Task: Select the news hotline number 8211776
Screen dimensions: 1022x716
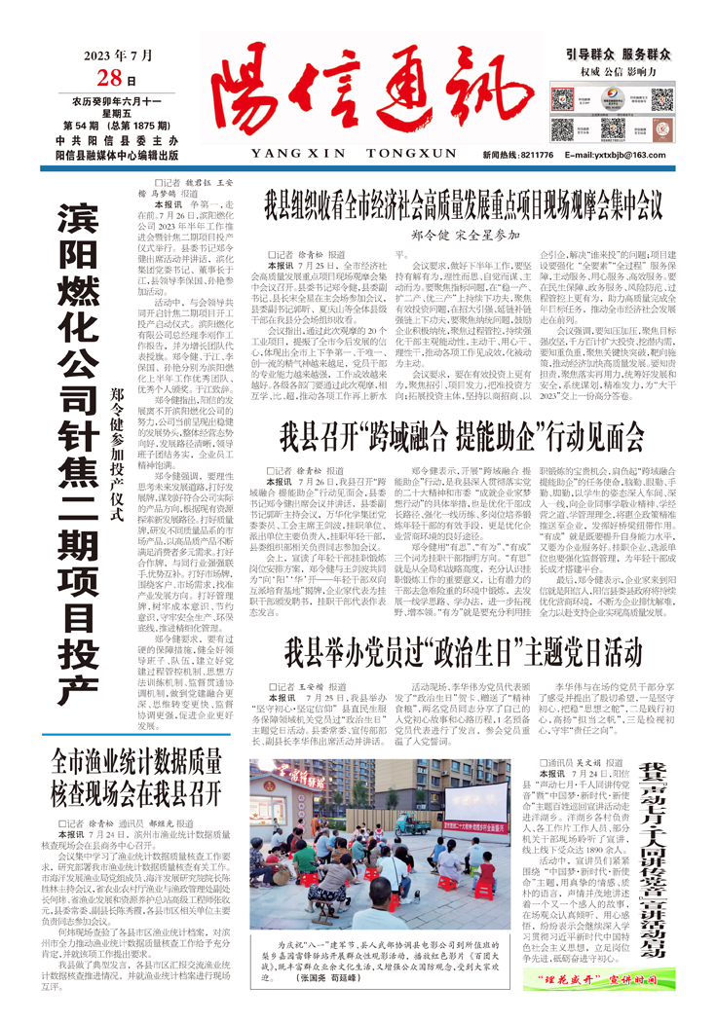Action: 535,155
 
